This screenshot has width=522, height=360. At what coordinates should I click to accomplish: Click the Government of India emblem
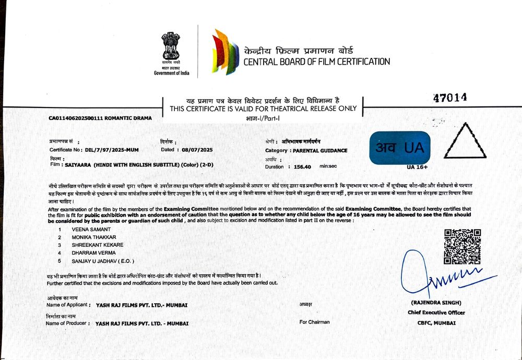tap(171, 48)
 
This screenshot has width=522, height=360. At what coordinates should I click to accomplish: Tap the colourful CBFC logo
tap(225, 53)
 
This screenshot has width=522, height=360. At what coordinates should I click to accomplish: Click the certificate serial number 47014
tap(450, 98)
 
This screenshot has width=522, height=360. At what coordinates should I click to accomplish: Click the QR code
tap(462, 246)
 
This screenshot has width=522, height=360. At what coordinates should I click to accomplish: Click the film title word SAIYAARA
tap(78, 165)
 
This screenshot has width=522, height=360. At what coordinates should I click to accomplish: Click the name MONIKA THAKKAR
tap(94, 237)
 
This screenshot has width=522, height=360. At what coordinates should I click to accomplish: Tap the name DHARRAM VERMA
tap(94, 253)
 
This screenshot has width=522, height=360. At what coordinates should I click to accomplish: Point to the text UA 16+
tap(418, 167)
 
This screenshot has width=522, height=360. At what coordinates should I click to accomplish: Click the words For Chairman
tap(314, 322)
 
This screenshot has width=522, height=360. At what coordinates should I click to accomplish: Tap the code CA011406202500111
tap(76, 118)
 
